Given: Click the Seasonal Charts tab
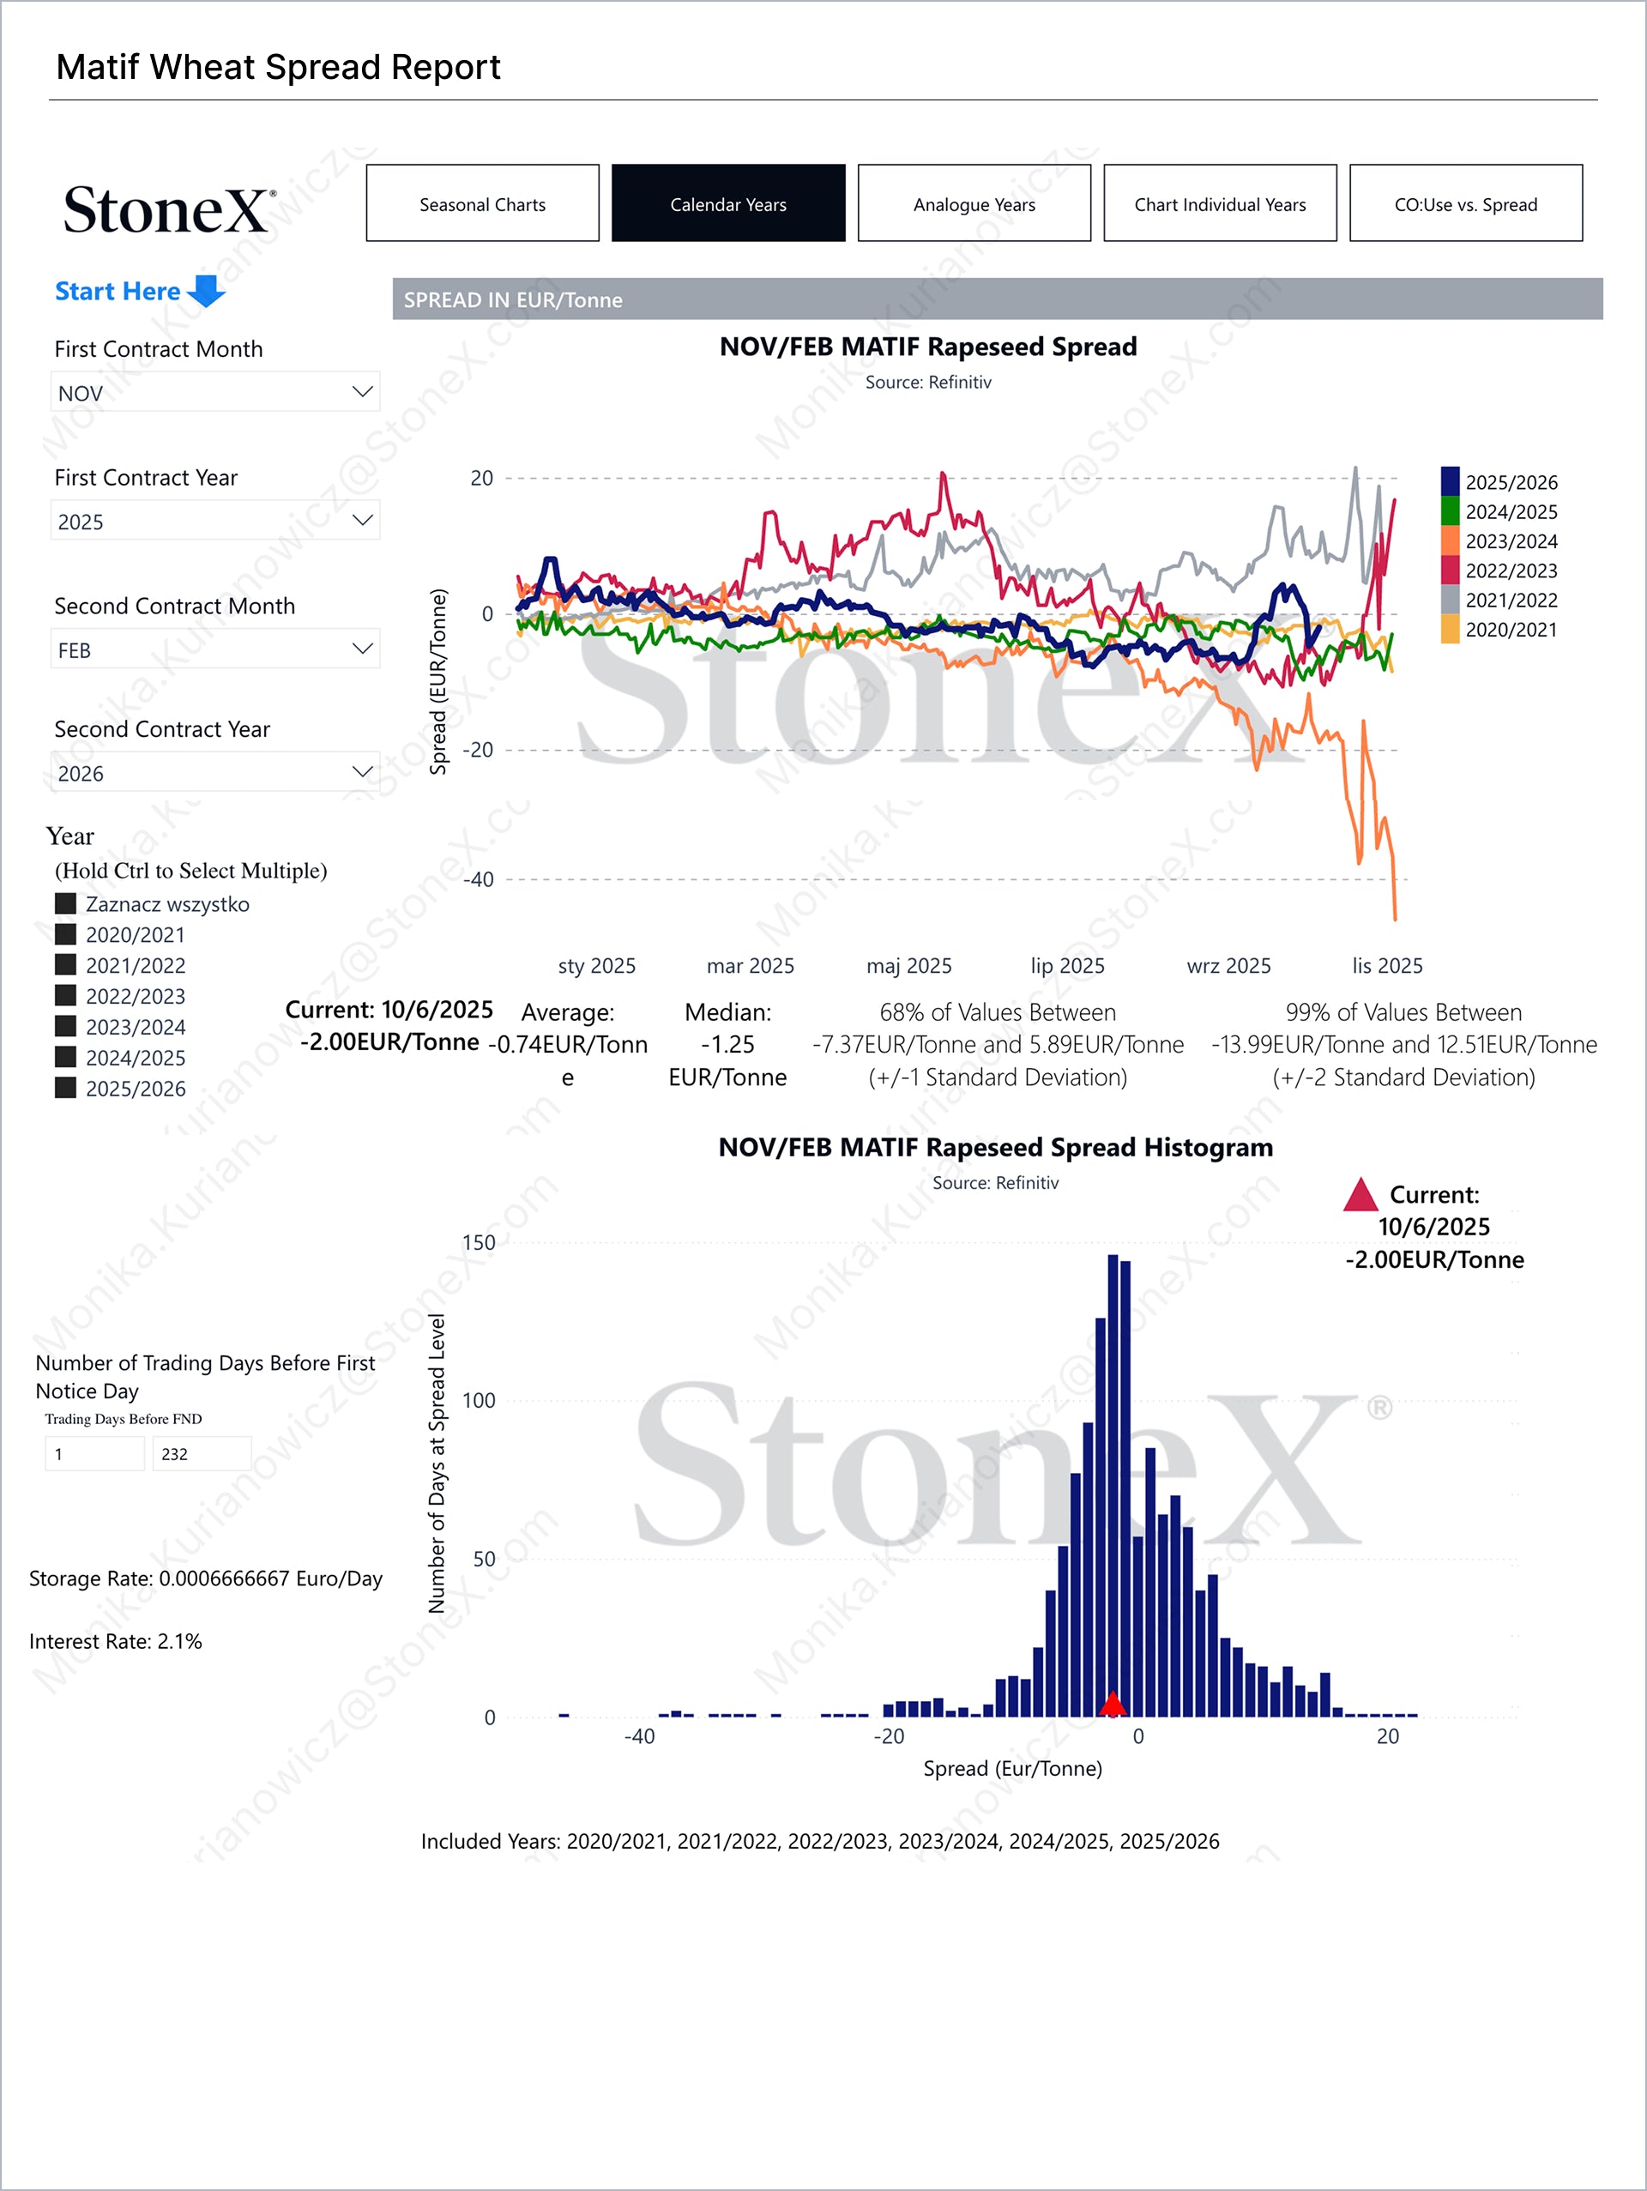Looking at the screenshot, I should [482, 204].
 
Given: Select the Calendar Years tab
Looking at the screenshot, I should [728, 204].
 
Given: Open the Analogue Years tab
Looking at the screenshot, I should [974, 204].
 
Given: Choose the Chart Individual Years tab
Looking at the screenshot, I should [1219, 204].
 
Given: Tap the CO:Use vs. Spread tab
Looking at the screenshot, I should [1465, 204].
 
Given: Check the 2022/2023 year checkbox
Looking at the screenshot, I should [66, 995].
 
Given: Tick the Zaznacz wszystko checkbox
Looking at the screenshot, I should [66, 903].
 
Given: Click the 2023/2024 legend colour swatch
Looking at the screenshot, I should [1450, 540].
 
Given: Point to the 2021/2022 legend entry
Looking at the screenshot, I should [1511, 601].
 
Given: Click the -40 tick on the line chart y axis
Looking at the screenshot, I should [480, 879].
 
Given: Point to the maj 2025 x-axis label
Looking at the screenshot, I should [908, 966].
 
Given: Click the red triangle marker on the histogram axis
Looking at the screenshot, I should [1113, 1704].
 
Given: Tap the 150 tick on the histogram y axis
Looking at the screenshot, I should [479, 1243].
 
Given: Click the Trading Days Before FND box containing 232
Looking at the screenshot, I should [201, 1454].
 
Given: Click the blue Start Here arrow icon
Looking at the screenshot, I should [207, 291].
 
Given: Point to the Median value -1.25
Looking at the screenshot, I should [728, 1044].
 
